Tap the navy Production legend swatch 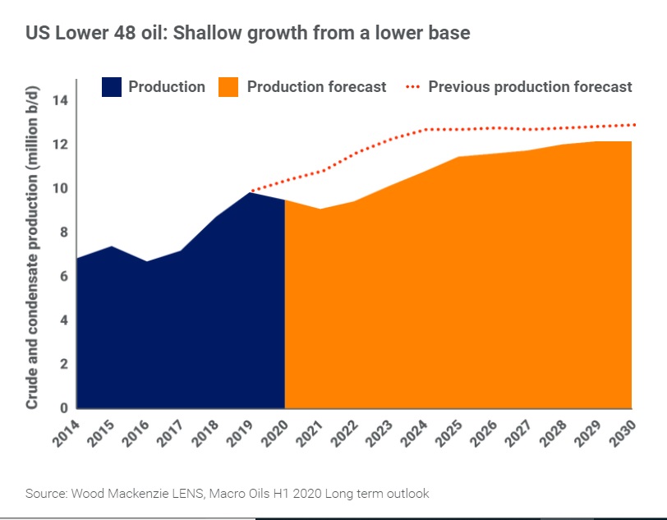click(112, 87)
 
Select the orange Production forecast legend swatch click(228, 87)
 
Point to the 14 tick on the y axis click(60, 101)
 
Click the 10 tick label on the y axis click(60, 189)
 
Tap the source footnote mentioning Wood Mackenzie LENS click(227, 494)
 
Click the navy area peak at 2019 click(251, 193)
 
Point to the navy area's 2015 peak click(112, 247)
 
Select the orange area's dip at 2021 click(320, 209)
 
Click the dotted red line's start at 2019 click(251, 191)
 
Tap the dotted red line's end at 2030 click(633, 125)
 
